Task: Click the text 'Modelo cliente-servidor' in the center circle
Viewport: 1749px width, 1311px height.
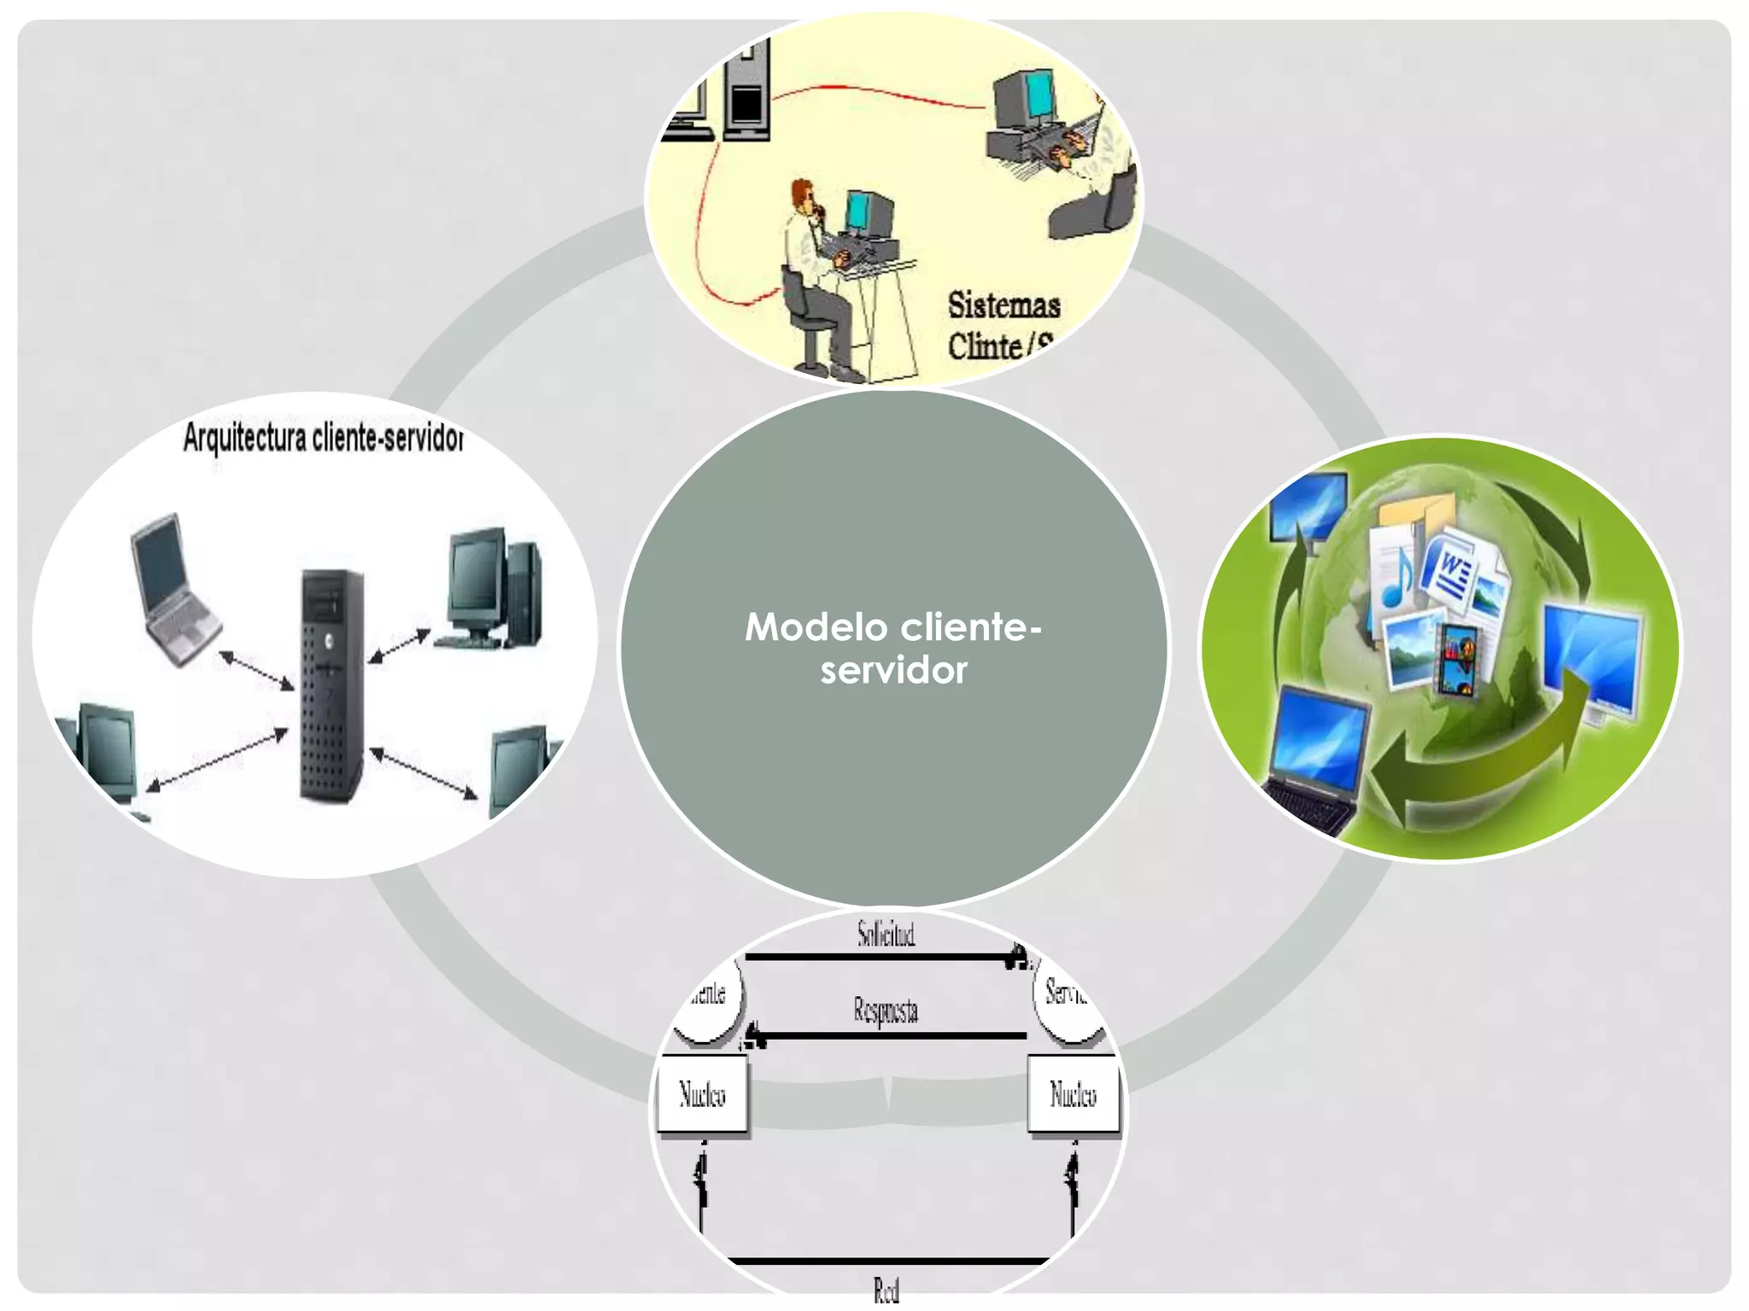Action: [893, 649]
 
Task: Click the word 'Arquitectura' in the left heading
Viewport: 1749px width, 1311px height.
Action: [244, 438]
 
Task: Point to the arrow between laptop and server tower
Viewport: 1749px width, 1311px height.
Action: [256, 672]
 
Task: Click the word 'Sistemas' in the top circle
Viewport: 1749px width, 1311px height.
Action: [1003, 306]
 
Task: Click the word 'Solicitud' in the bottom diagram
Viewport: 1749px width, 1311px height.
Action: [886, 934]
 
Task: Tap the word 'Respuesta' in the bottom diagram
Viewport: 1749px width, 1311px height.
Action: [886, 1010]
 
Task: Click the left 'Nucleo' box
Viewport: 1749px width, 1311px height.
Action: [702, 1095]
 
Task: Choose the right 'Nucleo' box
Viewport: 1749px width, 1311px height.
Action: [1073, 1095]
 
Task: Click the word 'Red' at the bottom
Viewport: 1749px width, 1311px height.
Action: [886, 1290]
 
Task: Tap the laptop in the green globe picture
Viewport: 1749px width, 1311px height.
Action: [1315, 760]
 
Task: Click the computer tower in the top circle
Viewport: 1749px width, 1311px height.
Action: [746, 94]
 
